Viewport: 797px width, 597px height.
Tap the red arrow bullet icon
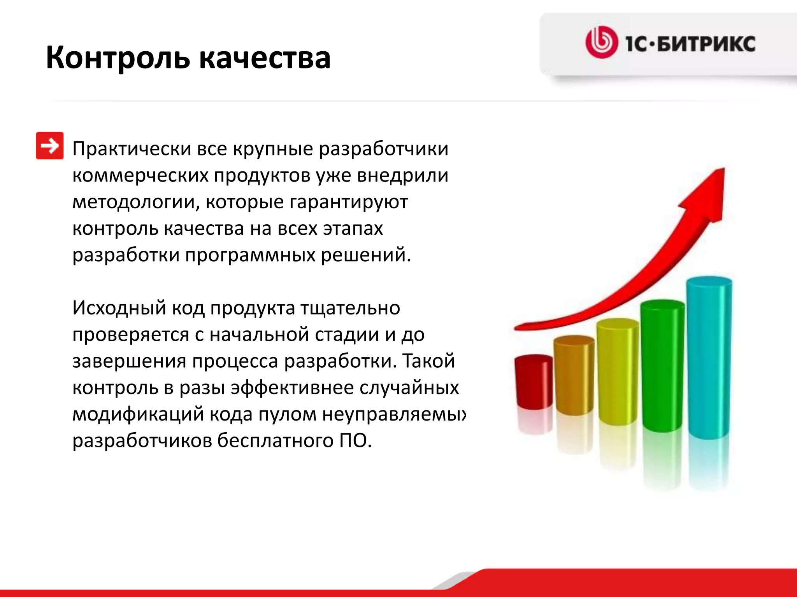tap(49, 146)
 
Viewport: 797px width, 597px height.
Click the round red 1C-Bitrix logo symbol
tap(601, 42)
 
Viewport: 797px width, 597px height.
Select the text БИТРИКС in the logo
tap(706, 44)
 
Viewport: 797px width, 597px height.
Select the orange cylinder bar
tap(574, 375)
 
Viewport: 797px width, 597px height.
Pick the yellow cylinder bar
tap(617, 371)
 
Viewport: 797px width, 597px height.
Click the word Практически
tap(132, 149)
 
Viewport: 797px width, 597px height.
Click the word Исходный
tap(119, 308)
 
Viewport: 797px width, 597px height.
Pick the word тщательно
tap(350, 308)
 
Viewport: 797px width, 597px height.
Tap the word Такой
tap(428, 361)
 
